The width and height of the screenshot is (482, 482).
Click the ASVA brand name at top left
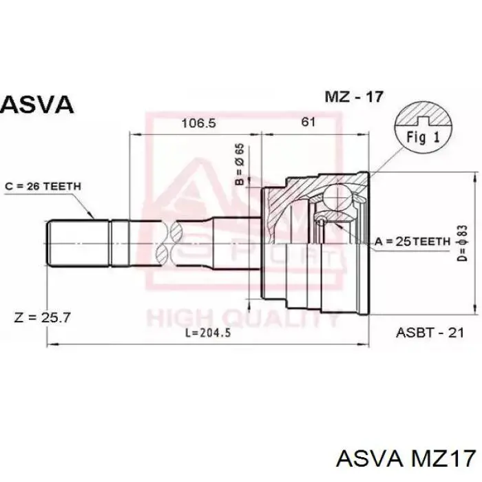coord(37,105)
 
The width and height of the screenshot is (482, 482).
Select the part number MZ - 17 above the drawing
coord(354,97)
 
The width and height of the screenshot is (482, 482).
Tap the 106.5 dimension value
coord(199,123)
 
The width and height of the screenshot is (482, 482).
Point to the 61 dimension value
coord(308,122)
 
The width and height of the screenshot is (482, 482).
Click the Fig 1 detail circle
coord(423,128)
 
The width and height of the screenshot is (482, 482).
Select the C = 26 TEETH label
coord(43,187)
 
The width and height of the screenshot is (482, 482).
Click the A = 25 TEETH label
coord(412,242)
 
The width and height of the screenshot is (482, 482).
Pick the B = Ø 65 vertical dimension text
coord(240,164)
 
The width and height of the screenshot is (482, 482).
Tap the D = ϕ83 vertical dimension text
coord(462,243)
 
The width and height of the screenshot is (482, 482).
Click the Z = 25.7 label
coord(43,317)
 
